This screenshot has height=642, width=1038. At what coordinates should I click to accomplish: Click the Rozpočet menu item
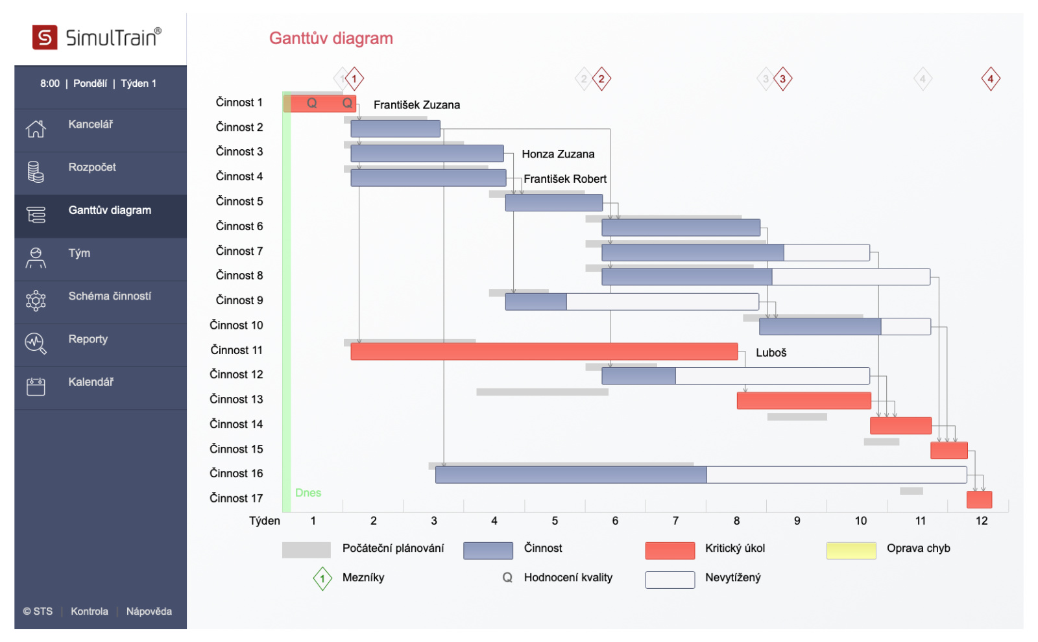(92, 167)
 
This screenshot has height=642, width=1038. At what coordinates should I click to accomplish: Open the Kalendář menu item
(91, 382)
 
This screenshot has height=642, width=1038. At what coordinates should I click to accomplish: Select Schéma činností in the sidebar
(110, 296)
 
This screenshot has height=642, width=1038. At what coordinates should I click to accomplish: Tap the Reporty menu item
(88, 339)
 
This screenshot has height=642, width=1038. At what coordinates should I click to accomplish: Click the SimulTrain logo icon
(45, 38)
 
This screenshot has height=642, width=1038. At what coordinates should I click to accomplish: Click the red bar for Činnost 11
(544, 351)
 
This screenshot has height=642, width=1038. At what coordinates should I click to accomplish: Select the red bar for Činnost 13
(803, 401)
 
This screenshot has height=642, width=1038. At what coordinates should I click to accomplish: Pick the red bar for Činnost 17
(979, 499)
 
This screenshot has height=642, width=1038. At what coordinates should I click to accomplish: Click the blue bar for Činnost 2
(395, 128)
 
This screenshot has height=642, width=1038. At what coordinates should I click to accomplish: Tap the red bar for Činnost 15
(948, 450)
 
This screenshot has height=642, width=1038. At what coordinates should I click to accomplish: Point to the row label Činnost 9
(239, 300)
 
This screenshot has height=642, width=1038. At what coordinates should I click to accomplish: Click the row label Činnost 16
(236, 473)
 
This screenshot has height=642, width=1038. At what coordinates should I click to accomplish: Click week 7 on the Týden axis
(675, 521)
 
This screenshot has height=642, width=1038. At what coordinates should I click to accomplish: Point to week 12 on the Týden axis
(982, 521)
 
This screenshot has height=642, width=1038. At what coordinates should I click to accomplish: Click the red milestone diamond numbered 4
(990, 79)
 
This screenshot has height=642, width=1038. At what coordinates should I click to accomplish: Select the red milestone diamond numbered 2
(601, 79)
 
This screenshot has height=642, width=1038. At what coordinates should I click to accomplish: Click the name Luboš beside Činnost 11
(771, 353)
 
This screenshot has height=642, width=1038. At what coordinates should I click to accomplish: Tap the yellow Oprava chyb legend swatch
(851, 551)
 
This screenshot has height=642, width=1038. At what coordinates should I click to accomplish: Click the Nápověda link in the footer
(149, 612)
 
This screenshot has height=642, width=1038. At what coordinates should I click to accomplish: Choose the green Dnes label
(308, 493)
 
